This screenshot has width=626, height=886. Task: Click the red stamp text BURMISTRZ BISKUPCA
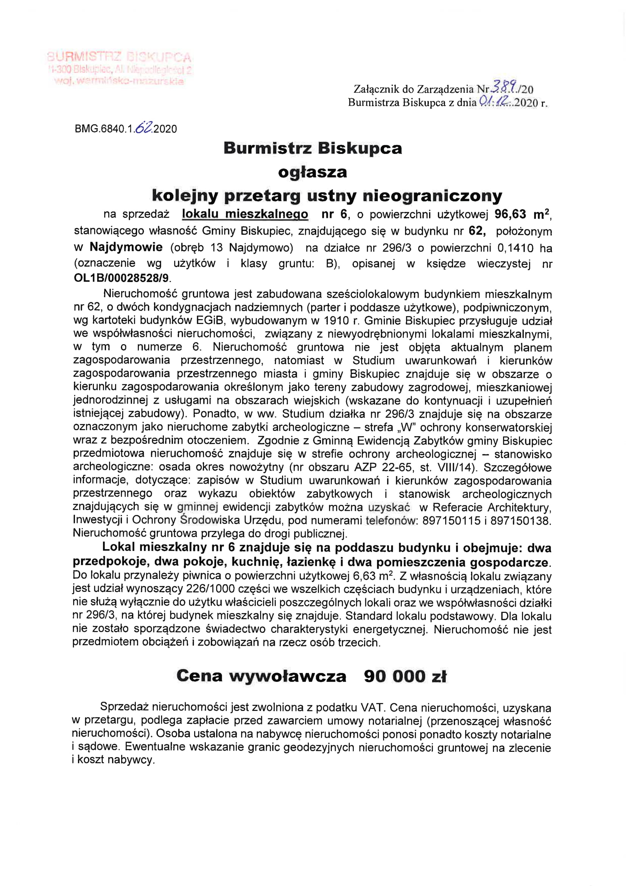coord(119,57)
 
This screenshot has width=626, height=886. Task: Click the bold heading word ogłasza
coord(312,172)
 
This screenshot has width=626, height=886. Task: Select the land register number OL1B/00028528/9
coord(122,278)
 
